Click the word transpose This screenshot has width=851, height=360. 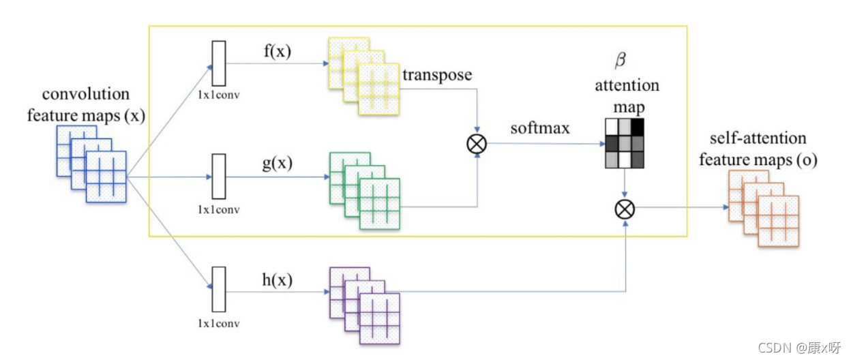[437, 74]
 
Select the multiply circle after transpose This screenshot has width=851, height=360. [477, 144]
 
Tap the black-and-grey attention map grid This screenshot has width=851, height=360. [625, 143]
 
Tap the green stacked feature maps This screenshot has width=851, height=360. [365, 189]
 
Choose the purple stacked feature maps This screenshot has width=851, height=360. [365, 305]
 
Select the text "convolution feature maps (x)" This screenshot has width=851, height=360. [85, 104]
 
